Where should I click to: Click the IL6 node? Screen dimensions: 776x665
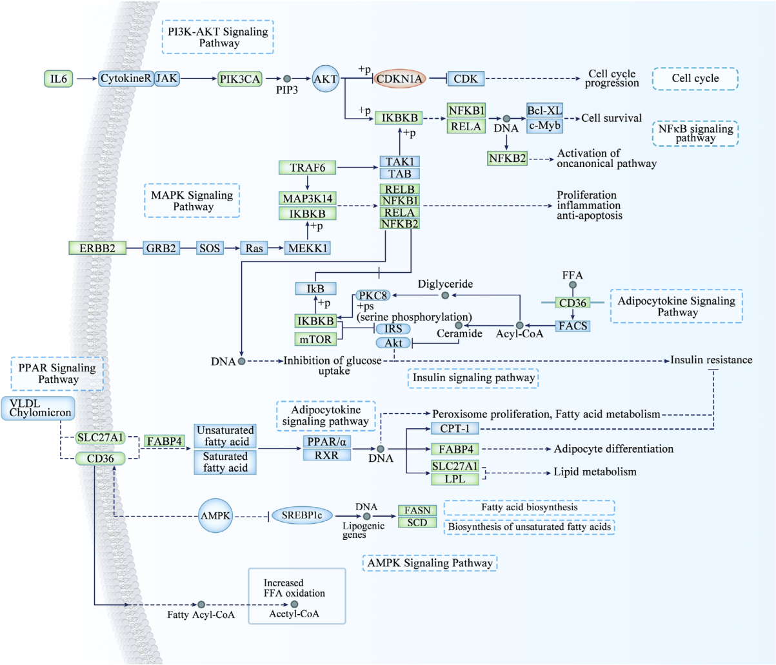coord(58,79)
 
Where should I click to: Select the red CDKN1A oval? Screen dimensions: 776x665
coord(400,79)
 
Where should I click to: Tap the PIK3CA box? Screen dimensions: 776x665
coord(240,79)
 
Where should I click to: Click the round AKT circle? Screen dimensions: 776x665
coord(326,79)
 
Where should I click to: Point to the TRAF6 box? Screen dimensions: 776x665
coord(308,168)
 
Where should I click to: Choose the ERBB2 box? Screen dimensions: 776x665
coord(97,248)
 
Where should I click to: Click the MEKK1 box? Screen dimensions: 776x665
coord(308,248)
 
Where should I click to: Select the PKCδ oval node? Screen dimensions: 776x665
coord(373,295)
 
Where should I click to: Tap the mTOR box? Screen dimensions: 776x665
coord(315,339)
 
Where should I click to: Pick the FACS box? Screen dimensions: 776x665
coord(573,326)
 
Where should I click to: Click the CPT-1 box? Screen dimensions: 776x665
coord(455,428)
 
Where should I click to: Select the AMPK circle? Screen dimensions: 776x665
coord(215,515)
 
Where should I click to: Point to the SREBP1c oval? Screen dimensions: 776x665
coord(302,515)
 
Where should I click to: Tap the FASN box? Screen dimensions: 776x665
coord(417,510)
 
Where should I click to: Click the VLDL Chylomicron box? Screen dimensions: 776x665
coord(38,408)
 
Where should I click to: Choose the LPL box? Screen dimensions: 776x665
coord(455,479)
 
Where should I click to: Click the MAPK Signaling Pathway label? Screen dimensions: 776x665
coord(192,201)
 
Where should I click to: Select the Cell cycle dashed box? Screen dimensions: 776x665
coord(695,79)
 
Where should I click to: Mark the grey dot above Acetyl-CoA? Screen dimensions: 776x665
coord(294,604)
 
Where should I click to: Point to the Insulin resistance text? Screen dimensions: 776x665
coord(711,360)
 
